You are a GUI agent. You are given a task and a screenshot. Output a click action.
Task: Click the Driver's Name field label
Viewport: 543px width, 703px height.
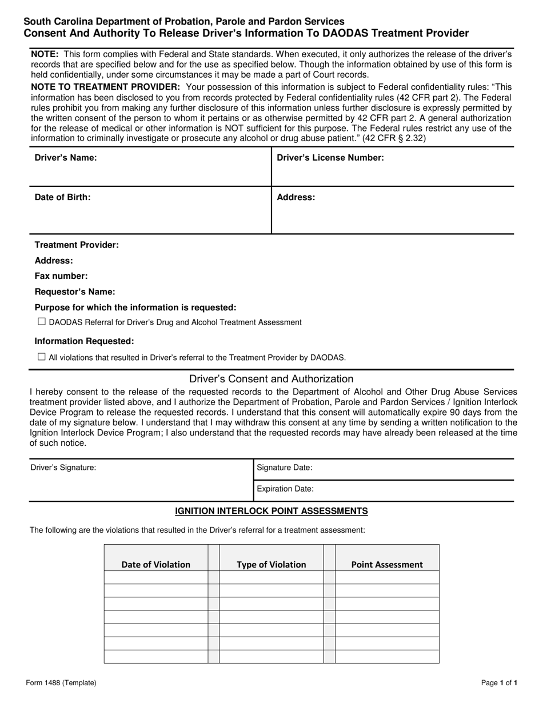coord(66,158)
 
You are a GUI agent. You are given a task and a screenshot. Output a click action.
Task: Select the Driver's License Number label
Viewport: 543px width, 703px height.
coord(330,158)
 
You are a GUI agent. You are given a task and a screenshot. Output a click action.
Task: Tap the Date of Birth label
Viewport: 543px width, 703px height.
coord(62,198)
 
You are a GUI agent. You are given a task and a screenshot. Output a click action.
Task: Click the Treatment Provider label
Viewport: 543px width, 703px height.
coord(77,245)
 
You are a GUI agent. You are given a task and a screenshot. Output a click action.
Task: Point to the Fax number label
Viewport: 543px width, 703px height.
coord(61,276)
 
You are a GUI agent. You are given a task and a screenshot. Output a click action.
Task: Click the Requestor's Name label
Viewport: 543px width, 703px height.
coord(75,292)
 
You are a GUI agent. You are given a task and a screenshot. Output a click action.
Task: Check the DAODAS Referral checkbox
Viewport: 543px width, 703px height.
coord(42,322)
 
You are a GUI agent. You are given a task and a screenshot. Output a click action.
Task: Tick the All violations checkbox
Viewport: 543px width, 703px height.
coord(42,357)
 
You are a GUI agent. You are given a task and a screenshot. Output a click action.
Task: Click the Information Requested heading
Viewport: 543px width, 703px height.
coord(84,341)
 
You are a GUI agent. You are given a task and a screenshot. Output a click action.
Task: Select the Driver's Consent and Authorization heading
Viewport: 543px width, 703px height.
coord(271,379)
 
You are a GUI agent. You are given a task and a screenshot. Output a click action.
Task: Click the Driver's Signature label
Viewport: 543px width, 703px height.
coord(63,468)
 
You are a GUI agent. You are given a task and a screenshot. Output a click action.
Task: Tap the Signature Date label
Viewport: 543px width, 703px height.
coord(285,468)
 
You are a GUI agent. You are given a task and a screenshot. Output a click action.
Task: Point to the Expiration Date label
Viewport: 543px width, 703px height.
coord(285,489)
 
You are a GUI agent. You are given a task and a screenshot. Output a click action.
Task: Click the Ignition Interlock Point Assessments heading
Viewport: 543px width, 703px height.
coord(271,511)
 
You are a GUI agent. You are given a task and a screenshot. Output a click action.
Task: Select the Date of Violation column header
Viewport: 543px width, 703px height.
coord(155,565)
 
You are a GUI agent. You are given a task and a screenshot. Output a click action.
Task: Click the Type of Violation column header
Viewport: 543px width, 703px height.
coord(271,565)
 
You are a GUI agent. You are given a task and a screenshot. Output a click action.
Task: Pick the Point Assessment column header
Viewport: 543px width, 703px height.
coord(387,565)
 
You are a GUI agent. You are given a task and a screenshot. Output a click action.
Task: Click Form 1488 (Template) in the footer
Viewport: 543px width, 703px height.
coord(61,682)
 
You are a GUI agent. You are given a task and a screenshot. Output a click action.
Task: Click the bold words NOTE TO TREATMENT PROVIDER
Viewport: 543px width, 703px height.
coord(105,87)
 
